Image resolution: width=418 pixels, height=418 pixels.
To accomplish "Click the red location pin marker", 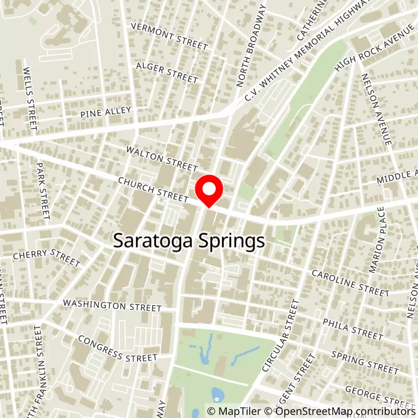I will (209, 192).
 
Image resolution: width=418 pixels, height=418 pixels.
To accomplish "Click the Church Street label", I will (153, 189).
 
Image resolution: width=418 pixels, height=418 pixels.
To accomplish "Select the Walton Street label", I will (161, 158).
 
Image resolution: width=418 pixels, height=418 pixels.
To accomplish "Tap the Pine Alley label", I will (106, 112).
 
